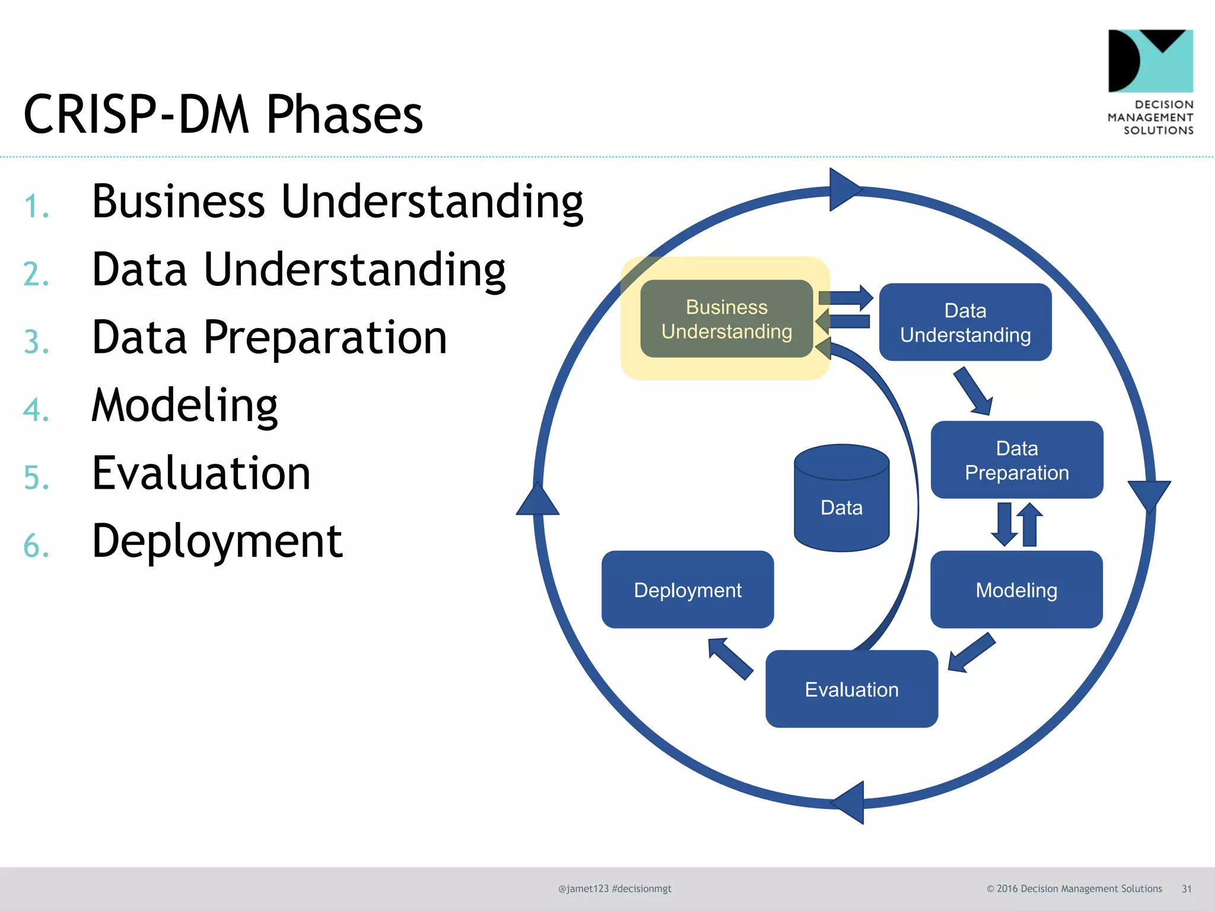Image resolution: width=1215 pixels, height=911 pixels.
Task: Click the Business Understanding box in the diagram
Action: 726,319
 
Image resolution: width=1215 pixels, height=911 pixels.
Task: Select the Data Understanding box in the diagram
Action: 965,322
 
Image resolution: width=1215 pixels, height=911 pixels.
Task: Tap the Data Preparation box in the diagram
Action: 1017,460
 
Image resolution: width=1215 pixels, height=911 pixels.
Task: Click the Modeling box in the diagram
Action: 1016,590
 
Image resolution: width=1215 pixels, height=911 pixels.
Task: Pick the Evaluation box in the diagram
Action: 851,689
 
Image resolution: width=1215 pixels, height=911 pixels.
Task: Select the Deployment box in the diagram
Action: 688,590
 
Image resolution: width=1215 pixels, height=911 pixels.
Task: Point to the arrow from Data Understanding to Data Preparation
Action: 973,391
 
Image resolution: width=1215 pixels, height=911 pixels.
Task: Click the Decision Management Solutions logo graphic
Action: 1150,61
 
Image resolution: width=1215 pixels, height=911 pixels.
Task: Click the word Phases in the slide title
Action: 344,114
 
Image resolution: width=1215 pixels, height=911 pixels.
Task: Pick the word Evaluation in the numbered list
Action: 201,473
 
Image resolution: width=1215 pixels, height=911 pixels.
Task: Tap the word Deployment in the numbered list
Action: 217,541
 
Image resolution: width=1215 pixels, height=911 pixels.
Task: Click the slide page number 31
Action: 1187,888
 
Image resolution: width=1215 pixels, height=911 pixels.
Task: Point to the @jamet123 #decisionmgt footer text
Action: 615,888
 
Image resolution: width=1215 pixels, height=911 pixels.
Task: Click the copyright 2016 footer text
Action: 1074,888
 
